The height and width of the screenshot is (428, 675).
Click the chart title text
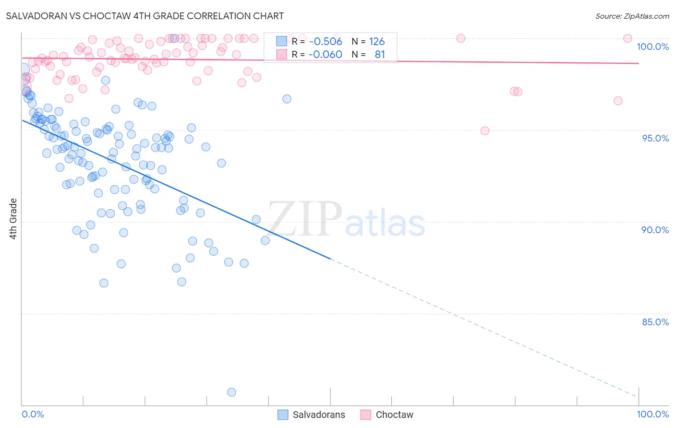145,16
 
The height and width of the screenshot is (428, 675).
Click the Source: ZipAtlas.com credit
632,16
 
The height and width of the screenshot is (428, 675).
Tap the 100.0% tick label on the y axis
652,47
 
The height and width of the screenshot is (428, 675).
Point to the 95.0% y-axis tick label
655,138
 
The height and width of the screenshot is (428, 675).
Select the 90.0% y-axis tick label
655,230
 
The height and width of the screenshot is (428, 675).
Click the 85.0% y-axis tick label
655,322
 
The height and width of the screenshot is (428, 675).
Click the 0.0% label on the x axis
33,414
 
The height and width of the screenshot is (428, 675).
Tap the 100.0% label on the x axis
652,414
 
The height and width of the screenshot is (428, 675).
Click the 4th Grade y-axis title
13,219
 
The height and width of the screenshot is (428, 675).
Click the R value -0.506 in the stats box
325,42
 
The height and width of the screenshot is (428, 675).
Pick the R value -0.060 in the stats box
325,54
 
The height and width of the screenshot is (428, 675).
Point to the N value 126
377,42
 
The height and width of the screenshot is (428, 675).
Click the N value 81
380,54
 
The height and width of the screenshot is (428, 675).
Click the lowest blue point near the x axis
231,392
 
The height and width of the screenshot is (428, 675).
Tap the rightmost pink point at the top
627,38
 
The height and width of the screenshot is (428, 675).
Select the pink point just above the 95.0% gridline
485,131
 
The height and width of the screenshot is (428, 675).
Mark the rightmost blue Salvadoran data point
287,99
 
